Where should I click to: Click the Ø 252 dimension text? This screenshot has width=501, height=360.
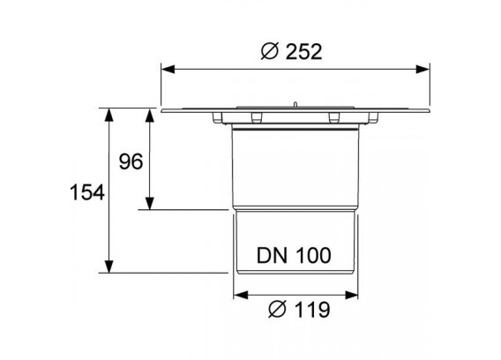pyautogui.click(x=291, y=52)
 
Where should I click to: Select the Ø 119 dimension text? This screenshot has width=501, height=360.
pyautogui.click(x=299, y=310)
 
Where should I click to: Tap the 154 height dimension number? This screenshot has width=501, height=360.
pyautogui.click(x=87, y=192)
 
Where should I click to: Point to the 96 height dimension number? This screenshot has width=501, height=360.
pyautogui.click(x=131, y=161)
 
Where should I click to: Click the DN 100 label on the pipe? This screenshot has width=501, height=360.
pyautogui.click(x=294, y=256)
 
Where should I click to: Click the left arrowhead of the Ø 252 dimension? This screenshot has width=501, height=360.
pyautogui.click(x=168, y=69)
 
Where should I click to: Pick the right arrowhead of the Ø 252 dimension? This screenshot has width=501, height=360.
pyautogui.click(x=422, y=69)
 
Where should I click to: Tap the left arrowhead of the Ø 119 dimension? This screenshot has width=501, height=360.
pyautogui.click(x=241, y=295)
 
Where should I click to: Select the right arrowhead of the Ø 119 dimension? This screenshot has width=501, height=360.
pyautogui.click(x=351, y=295)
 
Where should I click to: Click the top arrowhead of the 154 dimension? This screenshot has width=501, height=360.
pyautogui.click(x=109, y=115)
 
